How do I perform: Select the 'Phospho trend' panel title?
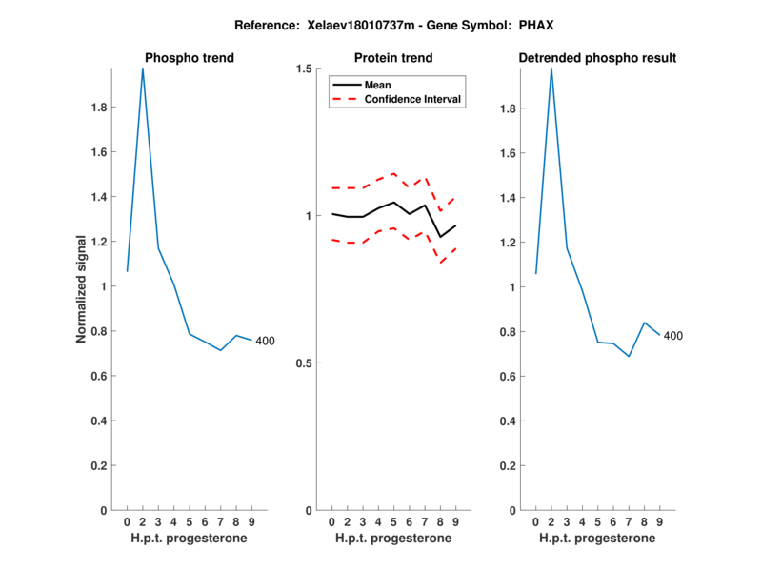189,58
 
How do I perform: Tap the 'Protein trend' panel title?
393,58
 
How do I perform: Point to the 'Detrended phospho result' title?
597,58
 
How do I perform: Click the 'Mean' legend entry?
377,85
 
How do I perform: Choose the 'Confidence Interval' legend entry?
413,99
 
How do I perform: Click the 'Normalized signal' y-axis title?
82,288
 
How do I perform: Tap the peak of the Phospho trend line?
143,69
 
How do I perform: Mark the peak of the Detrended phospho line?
551,69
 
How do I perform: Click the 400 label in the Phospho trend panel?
266,341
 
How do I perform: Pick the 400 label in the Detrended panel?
672,336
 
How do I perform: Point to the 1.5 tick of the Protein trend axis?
304,69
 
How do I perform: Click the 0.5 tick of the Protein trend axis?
304,363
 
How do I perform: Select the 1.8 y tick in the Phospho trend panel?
99,108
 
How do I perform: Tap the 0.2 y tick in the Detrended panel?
507,465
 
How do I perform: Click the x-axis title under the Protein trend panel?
393,539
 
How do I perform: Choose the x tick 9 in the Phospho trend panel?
251,521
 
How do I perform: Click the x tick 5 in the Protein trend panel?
393,521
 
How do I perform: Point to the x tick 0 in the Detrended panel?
535,521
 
